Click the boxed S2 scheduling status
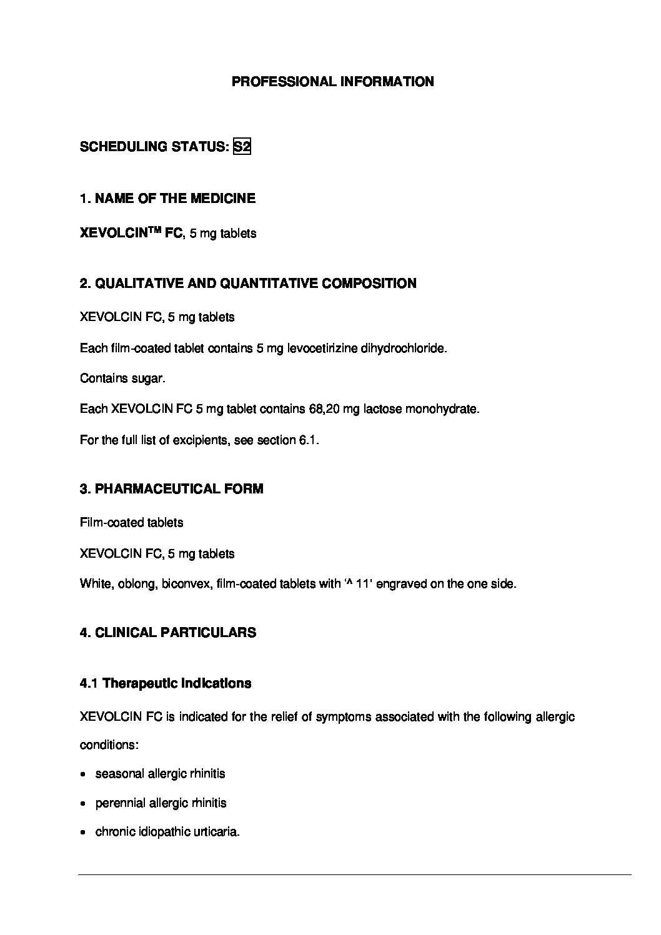tap(242, 147)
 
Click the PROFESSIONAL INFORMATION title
tap(332, 82)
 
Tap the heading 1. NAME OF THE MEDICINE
tap(167, 199)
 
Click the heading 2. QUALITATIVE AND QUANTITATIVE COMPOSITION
tap(248, 284)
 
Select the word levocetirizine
tap(322, 348)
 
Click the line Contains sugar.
tap(122, 378)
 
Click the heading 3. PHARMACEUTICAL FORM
tap(171, 489)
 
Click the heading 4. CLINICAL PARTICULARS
tap(167, 633)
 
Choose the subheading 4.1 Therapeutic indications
tap(166, 683)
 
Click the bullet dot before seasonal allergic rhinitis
tap(84, 774)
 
